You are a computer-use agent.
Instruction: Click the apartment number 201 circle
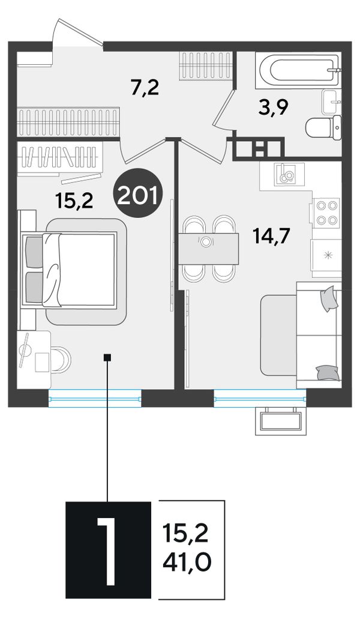point(137,193)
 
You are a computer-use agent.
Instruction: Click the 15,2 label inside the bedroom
point(74,201)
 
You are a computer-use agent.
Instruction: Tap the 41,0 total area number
point(187,561)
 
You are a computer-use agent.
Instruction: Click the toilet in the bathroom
point(323,127)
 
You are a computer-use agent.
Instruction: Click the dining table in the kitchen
point(208,249)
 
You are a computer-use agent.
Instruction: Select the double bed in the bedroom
point(70,270)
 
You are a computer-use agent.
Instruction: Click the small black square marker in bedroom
point(107,357)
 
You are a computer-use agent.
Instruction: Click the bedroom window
point(95,398)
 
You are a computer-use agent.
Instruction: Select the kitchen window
point(260,398)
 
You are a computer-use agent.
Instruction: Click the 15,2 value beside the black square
point(185,534)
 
